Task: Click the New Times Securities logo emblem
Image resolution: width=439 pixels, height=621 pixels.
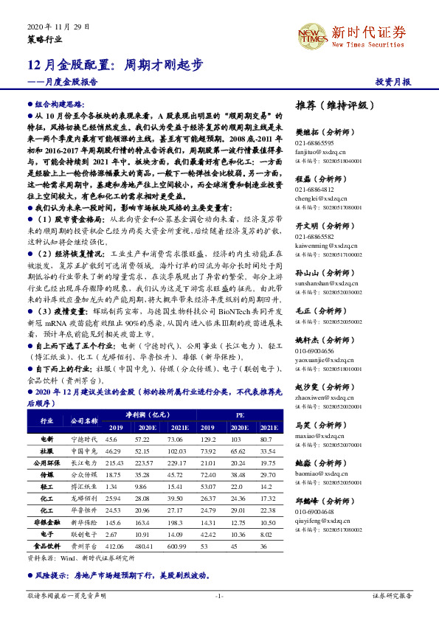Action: [x=312, y=34]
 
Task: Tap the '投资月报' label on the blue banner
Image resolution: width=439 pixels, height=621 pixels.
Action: [x=393, y=82]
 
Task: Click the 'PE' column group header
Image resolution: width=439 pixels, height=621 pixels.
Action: [x=240, y=415]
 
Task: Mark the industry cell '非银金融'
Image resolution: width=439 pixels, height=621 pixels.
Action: [x=46, y=522]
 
